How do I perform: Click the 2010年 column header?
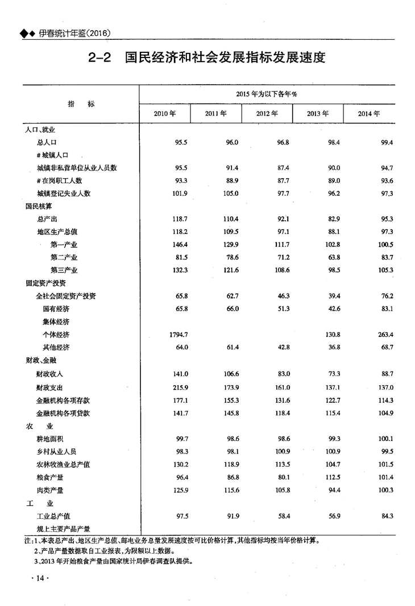pos(164,113)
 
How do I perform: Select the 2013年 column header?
pos(318,113)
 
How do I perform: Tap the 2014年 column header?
pos(369,113)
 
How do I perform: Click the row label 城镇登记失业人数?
pos(63,193)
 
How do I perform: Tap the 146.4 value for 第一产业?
pos(179,245)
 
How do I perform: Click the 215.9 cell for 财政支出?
pos(179,387)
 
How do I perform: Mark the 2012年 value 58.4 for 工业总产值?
pos(283,516)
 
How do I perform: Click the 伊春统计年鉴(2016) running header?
pos(74,34)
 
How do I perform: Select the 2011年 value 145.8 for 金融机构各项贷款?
pos(229,413)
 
